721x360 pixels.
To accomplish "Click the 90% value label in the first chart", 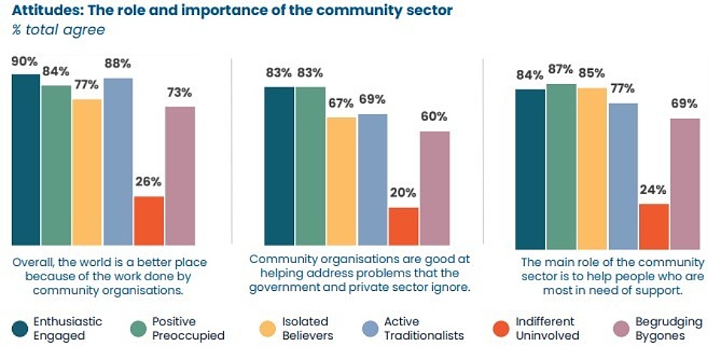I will pos(25,61).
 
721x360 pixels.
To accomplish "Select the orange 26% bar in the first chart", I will pos(149,220).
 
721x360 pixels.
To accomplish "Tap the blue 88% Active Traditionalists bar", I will pos(118,162).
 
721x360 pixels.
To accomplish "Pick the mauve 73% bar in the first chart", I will pos(180,175).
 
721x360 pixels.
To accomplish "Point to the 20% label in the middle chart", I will pos(403,192).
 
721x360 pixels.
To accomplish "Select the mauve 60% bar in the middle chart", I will pos(434,188).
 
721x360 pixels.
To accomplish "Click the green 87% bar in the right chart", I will pos(561,166).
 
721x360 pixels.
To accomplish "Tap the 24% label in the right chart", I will pos(653,189).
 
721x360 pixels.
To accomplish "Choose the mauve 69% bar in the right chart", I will pos(684,183).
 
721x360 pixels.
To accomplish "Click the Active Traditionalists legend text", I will pos(422,328).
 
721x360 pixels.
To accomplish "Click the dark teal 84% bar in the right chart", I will pos(530,169).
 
